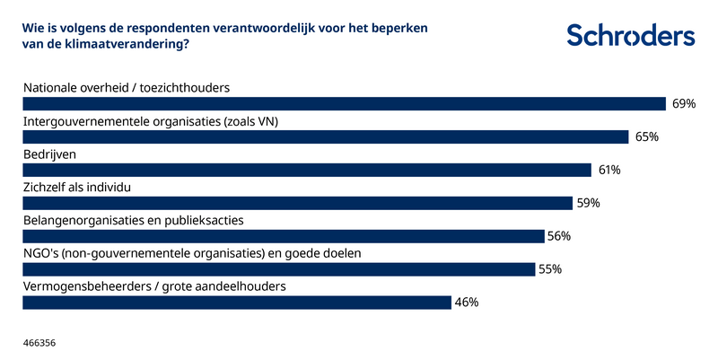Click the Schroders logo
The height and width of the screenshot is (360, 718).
click(x=630, y=36)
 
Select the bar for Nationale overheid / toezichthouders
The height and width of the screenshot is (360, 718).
click(x=343, y=104)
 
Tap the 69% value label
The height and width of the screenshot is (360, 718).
click(x=684, y=104)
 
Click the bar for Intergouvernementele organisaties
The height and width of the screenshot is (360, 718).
click(x=324, y=137)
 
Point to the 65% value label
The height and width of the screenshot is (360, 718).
click(x=646, y=137)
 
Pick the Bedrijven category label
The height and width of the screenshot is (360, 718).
click(x=48, y=154)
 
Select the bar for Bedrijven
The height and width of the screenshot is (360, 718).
click(x=306, y=170)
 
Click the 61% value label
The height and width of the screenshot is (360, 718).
click(x=609, y=170)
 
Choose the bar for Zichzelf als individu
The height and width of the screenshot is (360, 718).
click(x=297, y=203)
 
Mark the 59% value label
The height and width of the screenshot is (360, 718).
click(x=588, y=203)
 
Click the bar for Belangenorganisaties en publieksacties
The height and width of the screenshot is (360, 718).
click(x=283, y=236)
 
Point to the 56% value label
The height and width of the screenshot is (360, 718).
click(x=559, y=236)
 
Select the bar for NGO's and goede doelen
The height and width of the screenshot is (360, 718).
click(x=278, y=269)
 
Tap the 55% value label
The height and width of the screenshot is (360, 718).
click(x=549, y=269)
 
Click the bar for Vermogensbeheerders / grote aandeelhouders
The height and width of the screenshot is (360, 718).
click(x=236, y=303)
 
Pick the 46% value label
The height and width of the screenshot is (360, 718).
click(x=466, y=303)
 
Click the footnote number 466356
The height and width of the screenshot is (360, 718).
click(x=39, y=343)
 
